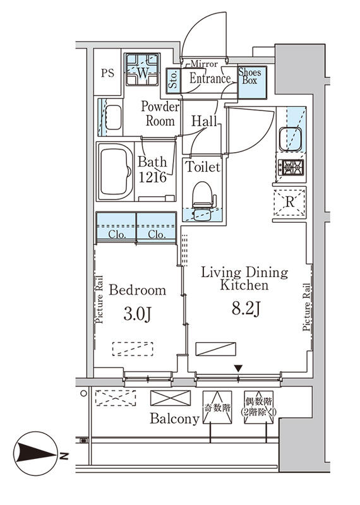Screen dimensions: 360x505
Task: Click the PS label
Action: click(x=107, y=73)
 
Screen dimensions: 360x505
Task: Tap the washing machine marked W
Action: click(x=142, y=69)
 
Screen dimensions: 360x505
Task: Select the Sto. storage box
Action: click(x=174, y=81)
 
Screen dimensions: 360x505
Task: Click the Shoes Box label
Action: click(x=249, y=76)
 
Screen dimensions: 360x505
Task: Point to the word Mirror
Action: click(x=204, y=64)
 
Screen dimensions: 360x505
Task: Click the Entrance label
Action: click(x=210, y=78)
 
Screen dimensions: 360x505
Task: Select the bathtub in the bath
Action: click(x=116, y=172)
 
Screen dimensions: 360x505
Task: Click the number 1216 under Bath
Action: click(x=152, y=177)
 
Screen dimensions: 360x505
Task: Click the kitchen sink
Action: click(x=291, y=139)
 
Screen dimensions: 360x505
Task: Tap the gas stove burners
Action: click(x=291, y=167)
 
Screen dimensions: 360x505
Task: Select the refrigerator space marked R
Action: click(x=289, y=203)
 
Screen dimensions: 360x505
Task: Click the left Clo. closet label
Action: click(x=117, y=234)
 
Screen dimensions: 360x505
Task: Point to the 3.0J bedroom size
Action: click(x=137, y=314)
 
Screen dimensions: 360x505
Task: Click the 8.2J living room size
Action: click(x=246, y=309)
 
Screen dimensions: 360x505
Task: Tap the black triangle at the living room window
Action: click(x=238, y=369)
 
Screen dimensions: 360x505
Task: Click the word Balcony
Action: click(x=174, y=419)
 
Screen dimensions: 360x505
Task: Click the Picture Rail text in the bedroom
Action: click(x=99, y=299)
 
